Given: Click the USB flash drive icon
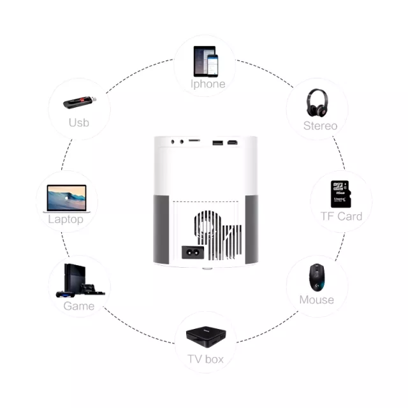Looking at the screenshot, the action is tap(80, 102).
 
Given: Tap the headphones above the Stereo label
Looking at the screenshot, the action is tap(317, 103).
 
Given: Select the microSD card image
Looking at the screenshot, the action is tap(340, 194).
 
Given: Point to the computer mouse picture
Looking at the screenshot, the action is tap(317, 278).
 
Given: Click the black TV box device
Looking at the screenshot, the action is tap(206, 337).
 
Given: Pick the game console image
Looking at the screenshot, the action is tap(80, 280).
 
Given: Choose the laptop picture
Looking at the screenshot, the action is tap(66, 199).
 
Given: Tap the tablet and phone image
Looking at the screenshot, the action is tap(206, 61).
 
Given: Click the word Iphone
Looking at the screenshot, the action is tap(208, 84).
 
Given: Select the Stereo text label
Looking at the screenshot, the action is tap(320, 126).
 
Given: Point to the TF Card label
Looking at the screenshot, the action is tap(341, 216).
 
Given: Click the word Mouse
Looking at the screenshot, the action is tap(317, 300).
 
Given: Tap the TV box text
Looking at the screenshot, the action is tap(205, 359).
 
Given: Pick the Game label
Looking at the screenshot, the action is tap(79, 306).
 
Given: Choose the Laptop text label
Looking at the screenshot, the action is tap(66, 219).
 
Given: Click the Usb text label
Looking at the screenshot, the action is tap(79, 122).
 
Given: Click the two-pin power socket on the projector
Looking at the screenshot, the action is tap(193, 252).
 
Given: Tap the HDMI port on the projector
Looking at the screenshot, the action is tap(232, 142).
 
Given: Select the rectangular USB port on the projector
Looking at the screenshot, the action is tap(218, 143).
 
